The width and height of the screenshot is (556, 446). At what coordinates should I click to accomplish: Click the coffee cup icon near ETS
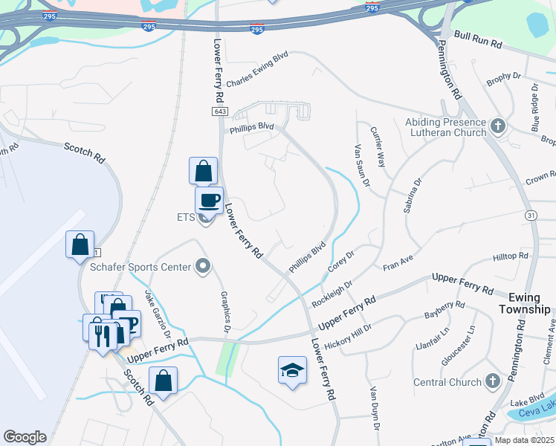(209, 199)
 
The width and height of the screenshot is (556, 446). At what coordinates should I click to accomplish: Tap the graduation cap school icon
(292, 370)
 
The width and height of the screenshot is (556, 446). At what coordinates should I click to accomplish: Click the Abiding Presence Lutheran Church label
(445, 127)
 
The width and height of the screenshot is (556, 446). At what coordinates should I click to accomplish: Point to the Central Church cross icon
(492, 382)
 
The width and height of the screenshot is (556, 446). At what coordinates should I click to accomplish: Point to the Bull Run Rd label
(478, 41)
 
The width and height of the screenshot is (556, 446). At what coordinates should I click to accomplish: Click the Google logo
(25, 437)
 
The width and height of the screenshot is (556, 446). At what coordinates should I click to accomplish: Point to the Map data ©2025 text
(525, 440)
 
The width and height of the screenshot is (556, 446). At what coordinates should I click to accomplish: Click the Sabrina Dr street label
(413, 195)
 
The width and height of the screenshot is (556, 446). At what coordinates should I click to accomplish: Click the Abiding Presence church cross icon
(497, 126)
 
